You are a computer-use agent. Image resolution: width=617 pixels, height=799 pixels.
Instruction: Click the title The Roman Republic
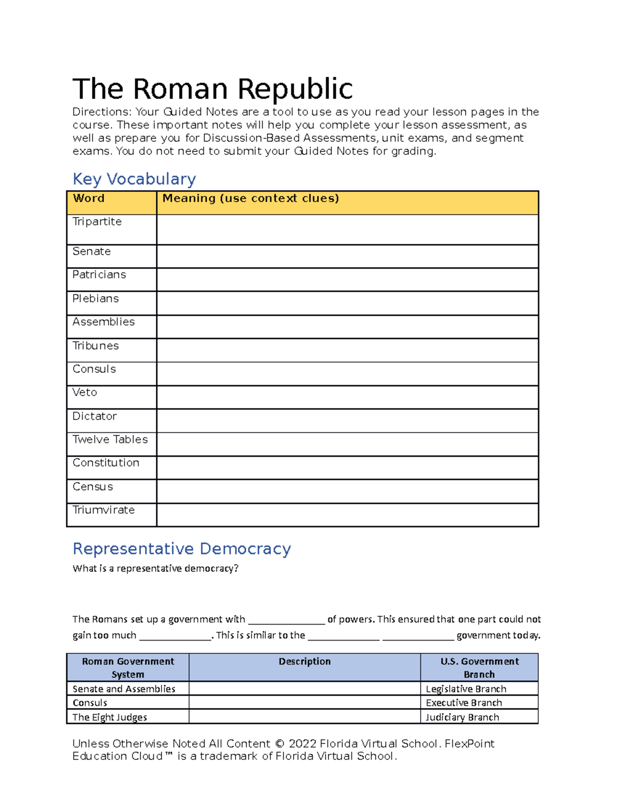[x=212, y=89]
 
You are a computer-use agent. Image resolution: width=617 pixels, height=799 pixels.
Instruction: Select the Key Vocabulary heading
[x=134, y=179]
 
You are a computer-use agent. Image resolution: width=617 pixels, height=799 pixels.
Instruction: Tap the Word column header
[x=88, y=199]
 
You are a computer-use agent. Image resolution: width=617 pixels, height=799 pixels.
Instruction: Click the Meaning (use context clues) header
[x=250, y=199]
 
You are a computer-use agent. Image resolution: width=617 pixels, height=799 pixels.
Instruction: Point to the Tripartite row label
[x=97, y=222]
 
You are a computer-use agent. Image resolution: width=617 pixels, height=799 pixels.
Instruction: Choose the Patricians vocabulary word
[x=99, y=275]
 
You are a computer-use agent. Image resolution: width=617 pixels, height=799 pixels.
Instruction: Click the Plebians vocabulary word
[x=96, y=299]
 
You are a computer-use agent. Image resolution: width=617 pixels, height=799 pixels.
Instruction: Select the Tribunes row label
[x=96, y=346]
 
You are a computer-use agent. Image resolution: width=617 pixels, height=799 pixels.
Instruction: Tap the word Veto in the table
[x=85, y=393]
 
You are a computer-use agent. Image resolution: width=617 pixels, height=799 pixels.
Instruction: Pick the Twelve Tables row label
[x=110, y=439]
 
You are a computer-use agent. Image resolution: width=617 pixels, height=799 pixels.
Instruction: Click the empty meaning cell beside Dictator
[x=347, y=421]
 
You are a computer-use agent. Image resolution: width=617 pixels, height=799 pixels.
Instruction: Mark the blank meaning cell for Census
[x=347, y=491]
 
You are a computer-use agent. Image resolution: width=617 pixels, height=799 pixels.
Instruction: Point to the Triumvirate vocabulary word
[x=104, y=510]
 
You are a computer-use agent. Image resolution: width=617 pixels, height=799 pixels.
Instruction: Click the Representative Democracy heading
[x=182, y=549]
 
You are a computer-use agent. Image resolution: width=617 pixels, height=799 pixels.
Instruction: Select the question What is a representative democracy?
[x=155, y=569]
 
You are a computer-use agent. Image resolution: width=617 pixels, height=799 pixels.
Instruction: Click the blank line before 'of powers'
[x=286, y=620]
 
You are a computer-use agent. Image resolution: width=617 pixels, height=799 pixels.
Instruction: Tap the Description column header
[x=304, y=662]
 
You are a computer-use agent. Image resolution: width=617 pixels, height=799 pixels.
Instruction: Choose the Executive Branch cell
[x=464, y=703]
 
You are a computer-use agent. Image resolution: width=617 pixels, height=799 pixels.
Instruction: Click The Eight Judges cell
[x=110, y=717]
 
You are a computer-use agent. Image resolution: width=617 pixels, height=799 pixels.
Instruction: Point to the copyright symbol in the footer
[x=279, y=744]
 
